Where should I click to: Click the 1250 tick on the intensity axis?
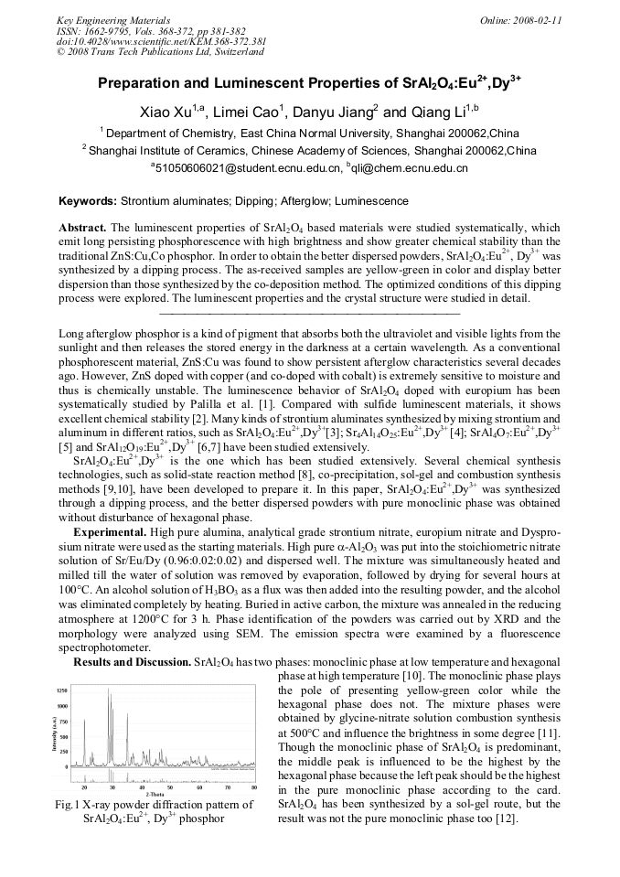pyautogui.click(x=61, y=690)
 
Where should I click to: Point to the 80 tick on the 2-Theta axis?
pyautogui.click(x=253, y=787)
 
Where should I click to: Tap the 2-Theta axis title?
pyautogui.click(x=156, y=794)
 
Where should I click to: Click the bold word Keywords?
pyautogui.click(x=87, y=200)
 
